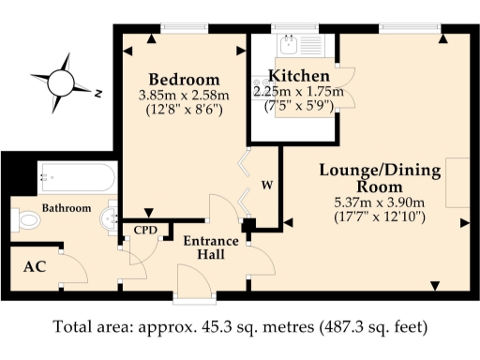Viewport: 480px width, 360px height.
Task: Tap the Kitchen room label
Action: point(298,75)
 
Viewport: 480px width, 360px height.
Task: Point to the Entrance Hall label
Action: point(210,247)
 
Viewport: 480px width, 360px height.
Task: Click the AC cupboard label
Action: point(36,265)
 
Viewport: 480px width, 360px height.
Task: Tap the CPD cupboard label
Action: point(145,228)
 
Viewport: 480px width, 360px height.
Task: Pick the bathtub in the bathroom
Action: point(77,175)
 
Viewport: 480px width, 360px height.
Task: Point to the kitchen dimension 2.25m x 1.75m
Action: point(298,92)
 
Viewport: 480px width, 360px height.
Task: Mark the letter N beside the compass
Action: point(97,92)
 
